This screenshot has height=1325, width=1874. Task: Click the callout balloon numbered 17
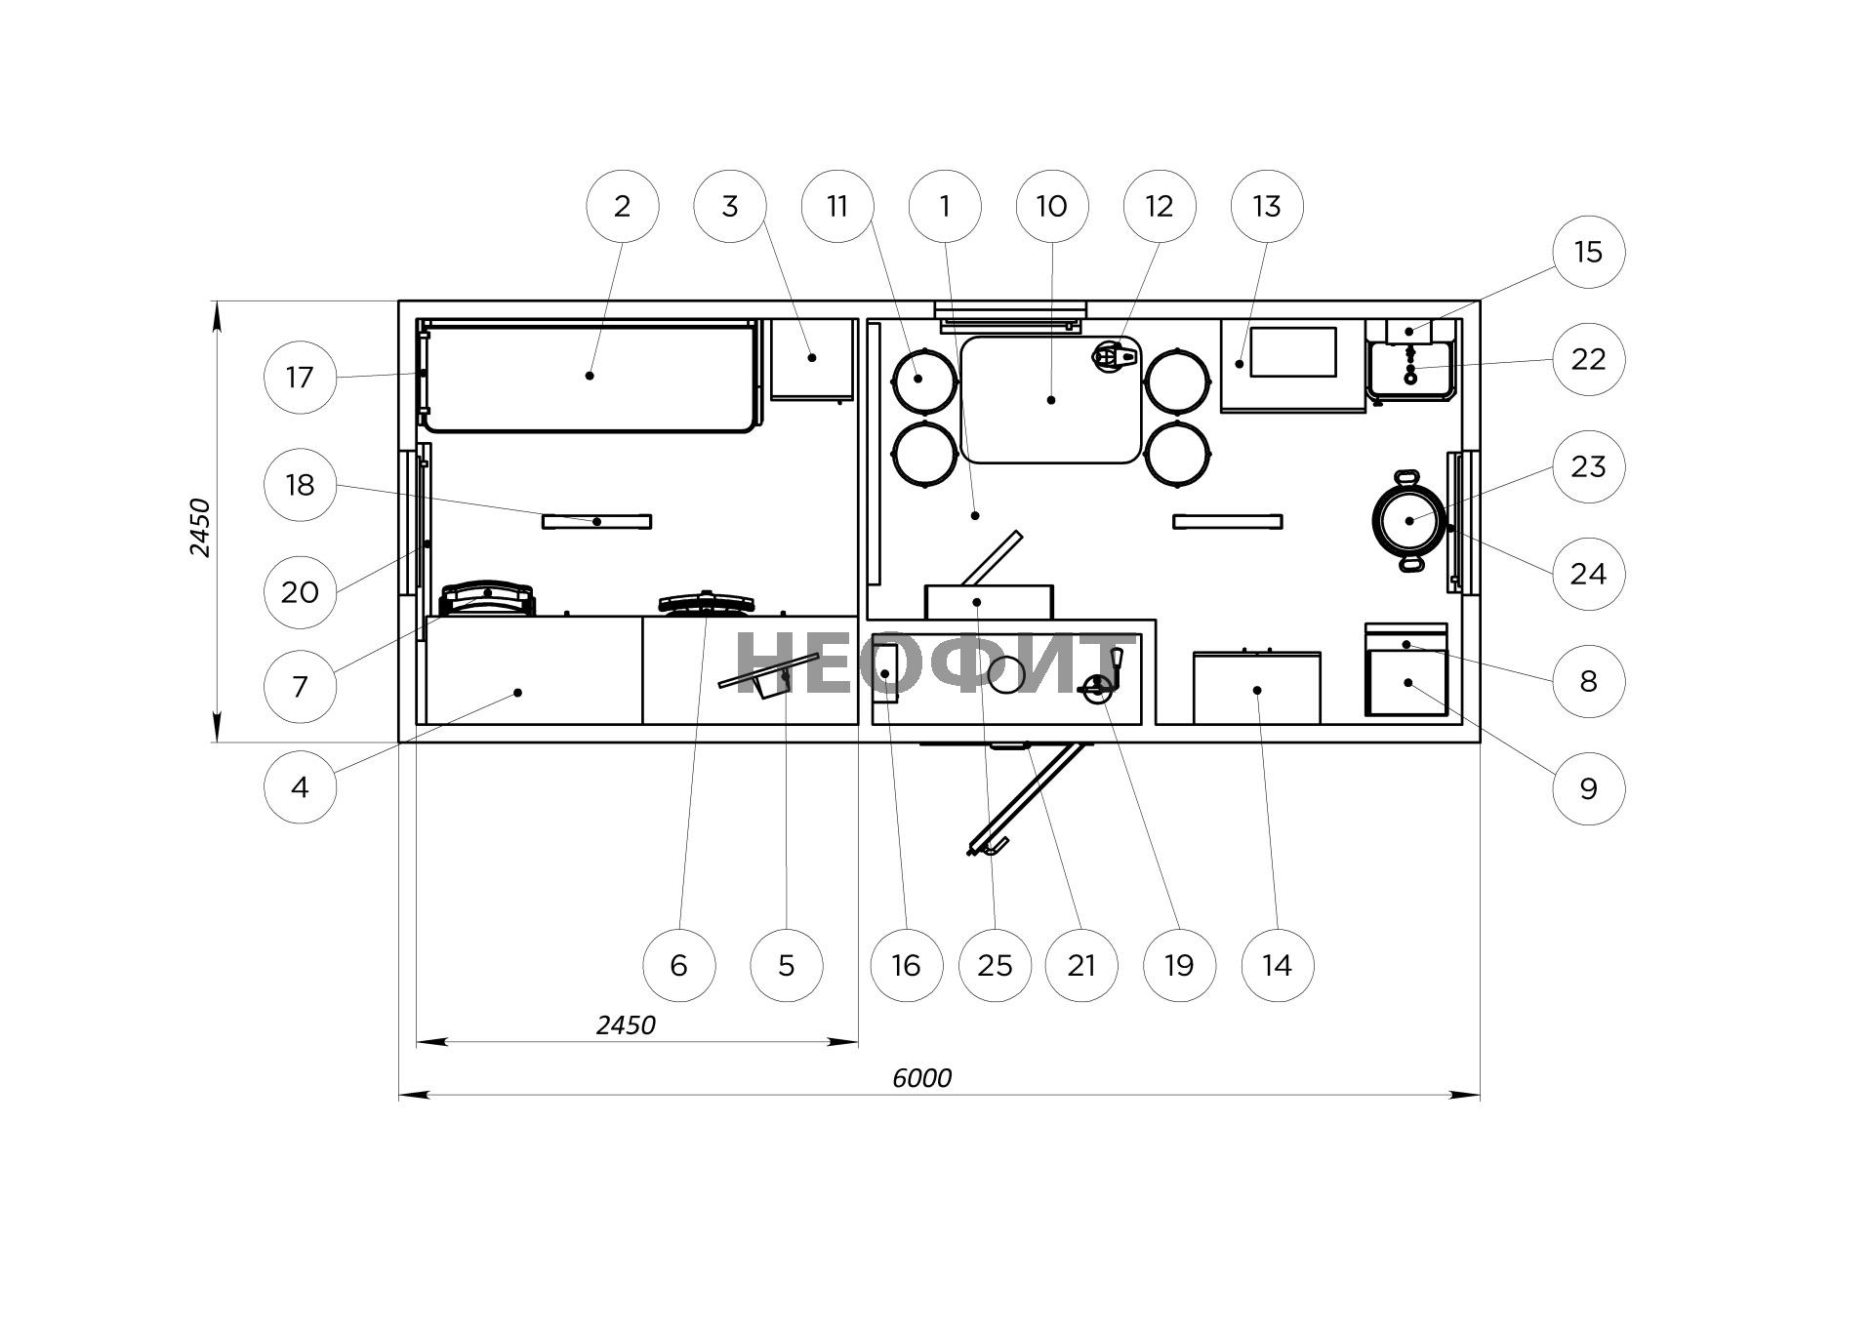301,377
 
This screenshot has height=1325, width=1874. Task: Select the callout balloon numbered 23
1588,466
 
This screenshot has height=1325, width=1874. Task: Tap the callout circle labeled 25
995,965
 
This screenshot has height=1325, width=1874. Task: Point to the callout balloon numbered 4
301,786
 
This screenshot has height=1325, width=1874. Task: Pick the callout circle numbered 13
1266,206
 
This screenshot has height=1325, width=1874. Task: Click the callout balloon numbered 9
1588,788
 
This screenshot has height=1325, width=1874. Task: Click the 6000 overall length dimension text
921,1077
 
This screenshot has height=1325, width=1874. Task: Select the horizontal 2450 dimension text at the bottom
626,1024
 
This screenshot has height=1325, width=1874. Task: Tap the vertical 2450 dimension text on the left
199,527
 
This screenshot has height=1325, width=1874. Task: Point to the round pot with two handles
1408,520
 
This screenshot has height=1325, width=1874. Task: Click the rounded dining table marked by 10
1051,399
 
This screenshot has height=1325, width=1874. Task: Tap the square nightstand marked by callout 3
812,359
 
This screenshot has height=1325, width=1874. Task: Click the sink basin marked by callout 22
1410,370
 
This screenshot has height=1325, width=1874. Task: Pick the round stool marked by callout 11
923,380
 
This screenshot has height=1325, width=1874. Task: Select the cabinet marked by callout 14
1257,689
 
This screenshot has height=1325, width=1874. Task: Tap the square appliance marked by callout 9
1406,682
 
